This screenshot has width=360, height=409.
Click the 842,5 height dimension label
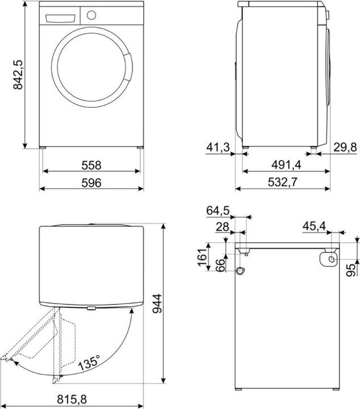18,73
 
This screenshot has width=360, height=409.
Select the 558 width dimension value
91,165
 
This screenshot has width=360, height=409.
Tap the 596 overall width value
91,183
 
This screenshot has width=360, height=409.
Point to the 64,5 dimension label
218,211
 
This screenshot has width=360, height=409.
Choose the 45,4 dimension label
314,227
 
